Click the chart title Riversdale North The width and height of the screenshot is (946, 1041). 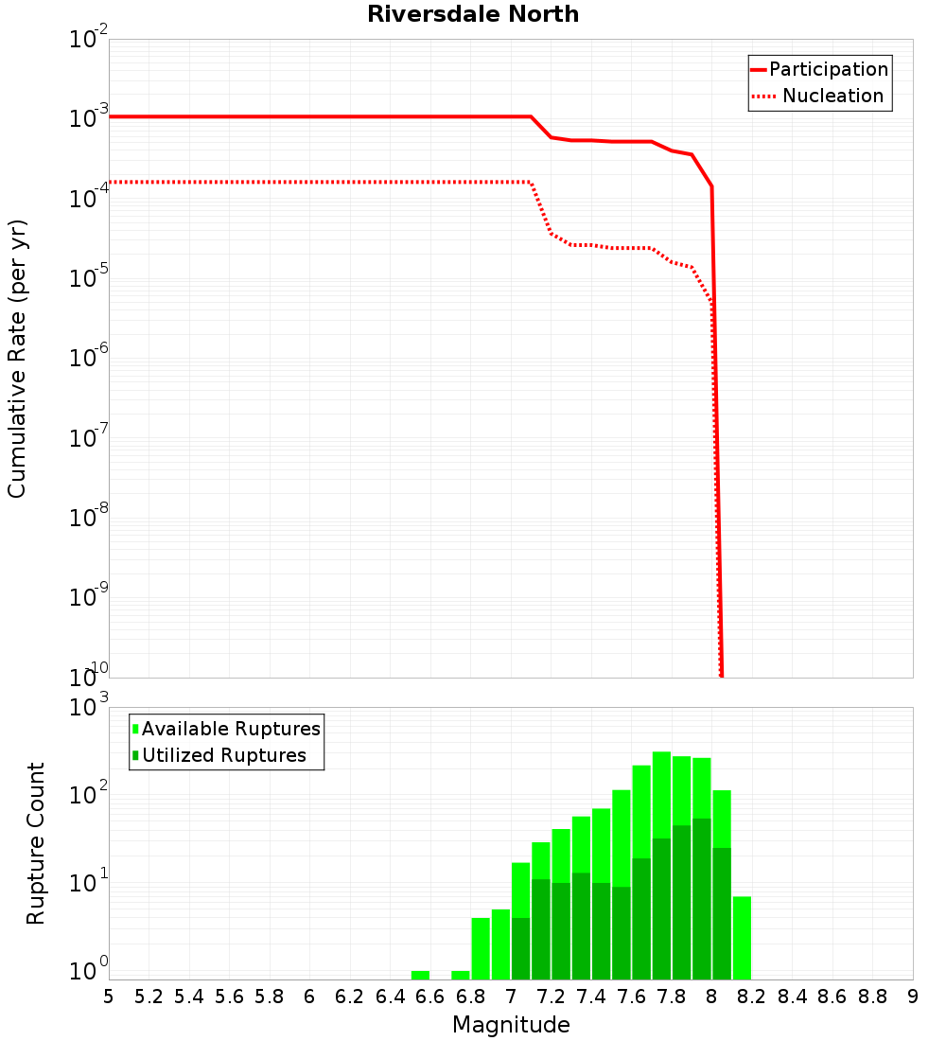[x=473, y=14]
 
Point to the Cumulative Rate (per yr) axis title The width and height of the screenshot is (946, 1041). [x=17, y=358]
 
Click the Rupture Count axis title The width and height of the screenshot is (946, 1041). [x=36, y=843]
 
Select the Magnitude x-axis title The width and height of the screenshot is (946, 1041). [x=511, y=1025]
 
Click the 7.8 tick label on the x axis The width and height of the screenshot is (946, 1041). [x=672, y=997]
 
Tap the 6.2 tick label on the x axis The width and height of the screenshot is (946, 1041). [x=350, y=997]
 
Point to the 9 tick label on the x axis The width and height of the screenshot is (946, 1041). [x=912, y=997]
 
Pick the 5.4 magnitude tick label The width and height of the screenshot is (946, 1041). [x=189, y=997]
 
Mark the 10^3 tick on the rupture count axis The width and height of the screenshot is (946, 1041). [x=91, y=707]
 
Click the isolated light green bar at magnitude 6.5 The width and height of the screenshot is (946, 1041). [x=420, y=975]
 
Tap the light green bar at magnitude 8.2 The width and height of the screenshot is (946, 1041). [x=742, y=938]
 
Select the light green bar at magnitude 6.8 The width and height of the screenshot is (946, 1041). [x=481, y=948]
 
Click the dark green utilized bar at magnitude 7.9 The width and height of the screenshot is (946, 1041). [x=701, y=899]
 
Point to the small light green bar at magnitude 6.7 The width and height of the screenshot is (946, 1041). [x=461, y=975]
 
